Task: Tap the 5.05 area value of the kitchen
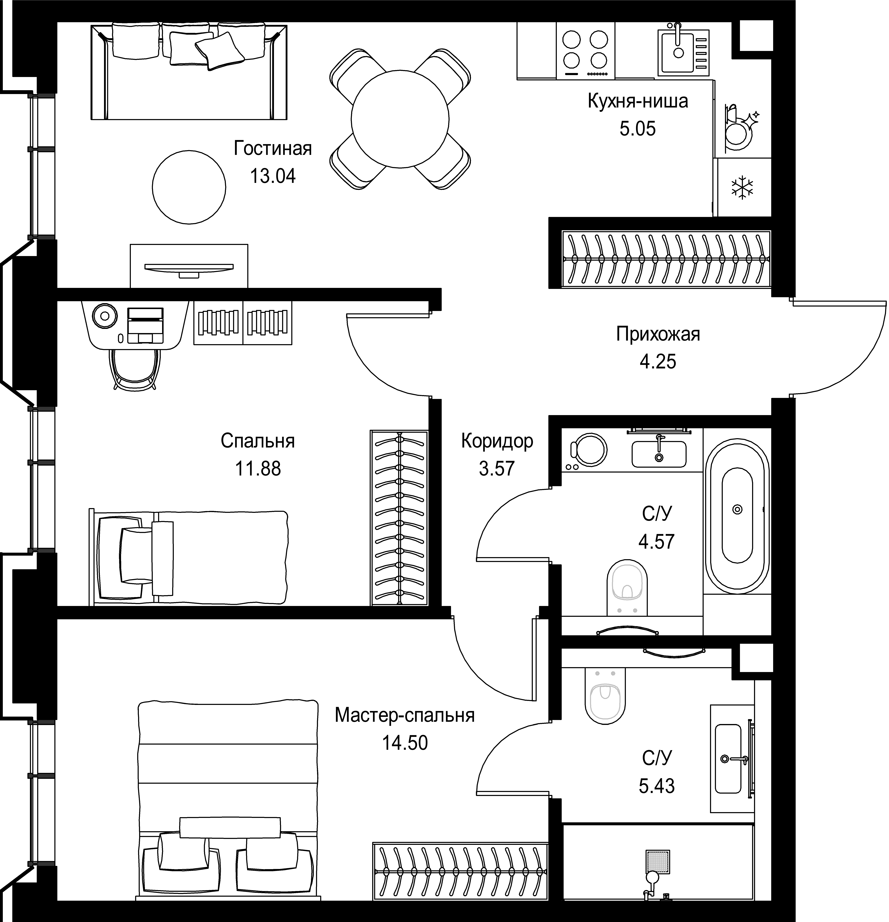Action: (638, 128)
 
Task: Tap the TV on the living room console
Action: (189, 268)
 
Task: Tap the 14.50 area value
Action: (405, 743)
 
